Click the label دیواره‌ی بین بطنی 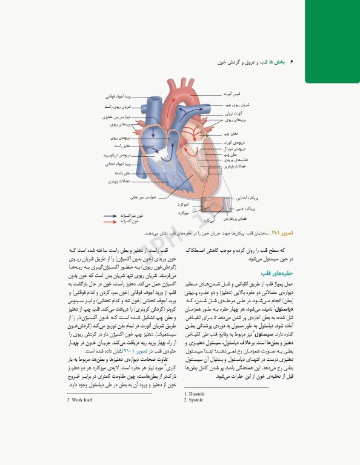tap(145, 197)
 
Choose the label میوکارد tap(185, 213)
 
